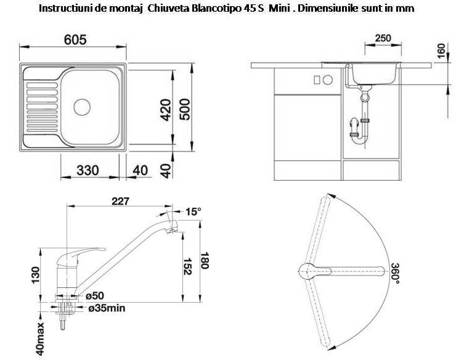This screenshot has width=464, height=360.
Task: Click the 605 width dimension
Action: pyautogui.click(x=75, y=39)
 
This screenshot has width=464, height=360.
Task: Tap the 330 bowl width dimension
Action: pyautogui.click(x=88, y=170)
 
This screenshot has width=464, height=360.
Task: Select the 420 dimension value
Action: pyautogui.click(x=166, y=110)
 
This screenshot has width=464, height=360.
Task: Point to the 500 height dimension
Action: pyautogui.click(x=185, y=109)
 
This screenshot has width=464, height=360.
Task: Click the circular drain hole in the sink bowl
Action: pyautogui.click(x=82, y=107)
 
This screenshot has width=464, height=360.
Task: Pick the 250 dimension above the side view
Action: pyautogui.click(x=383, y=38)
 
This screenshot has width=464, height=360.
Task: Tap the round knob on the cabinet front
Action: pyautogui.click(x=328, y=80)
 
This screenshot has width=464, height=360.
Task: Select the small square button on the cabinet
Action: pyautogui.click(x=317, y=80)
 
